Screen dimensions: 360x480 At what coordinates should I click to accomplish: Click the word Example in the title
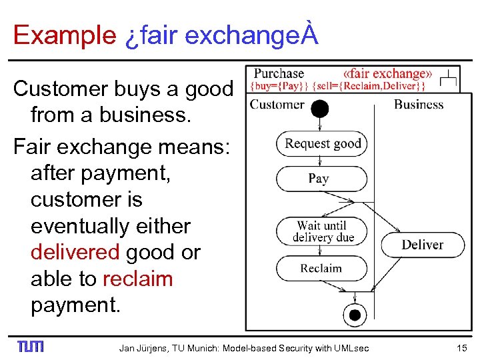(64, 35)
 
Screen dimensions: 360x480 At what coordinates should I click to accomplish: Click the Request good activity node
(322, 143)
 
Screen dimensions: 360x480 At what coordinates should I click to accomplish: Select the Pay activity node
(319, 179)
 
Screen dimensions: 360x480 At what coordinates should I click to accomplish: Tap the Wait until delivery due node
(321, 231)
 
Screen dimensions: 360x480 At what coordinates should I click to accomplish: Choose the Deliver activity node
(422, 245)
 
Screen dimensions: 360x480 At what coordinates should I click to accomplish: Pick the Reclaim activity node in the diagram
(321, 269)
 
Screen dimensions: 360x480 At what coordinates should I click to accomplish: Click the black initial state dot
(320, 108)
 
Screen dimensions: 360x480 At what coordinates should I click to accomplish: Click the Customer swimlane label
(277, 105)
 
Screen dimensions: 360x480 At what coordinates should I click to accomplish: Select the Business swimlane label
(418, 105)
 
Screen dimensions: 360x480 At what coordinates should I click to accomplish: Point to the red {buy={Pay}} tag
(277, 87)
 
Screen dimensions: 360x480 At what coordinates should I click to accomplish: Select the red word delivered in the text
(73, 253)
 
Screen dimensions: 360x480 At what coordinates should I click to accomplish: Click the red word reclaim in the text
(137, 279)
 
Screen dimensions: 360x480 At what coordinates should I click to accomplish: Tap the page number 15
(461, 347)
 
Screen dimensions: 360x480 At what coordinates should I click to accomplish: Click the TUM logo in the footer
(30, 347)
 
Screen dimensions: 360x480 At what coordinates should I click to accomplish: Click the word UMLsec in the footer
(351, 347)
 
